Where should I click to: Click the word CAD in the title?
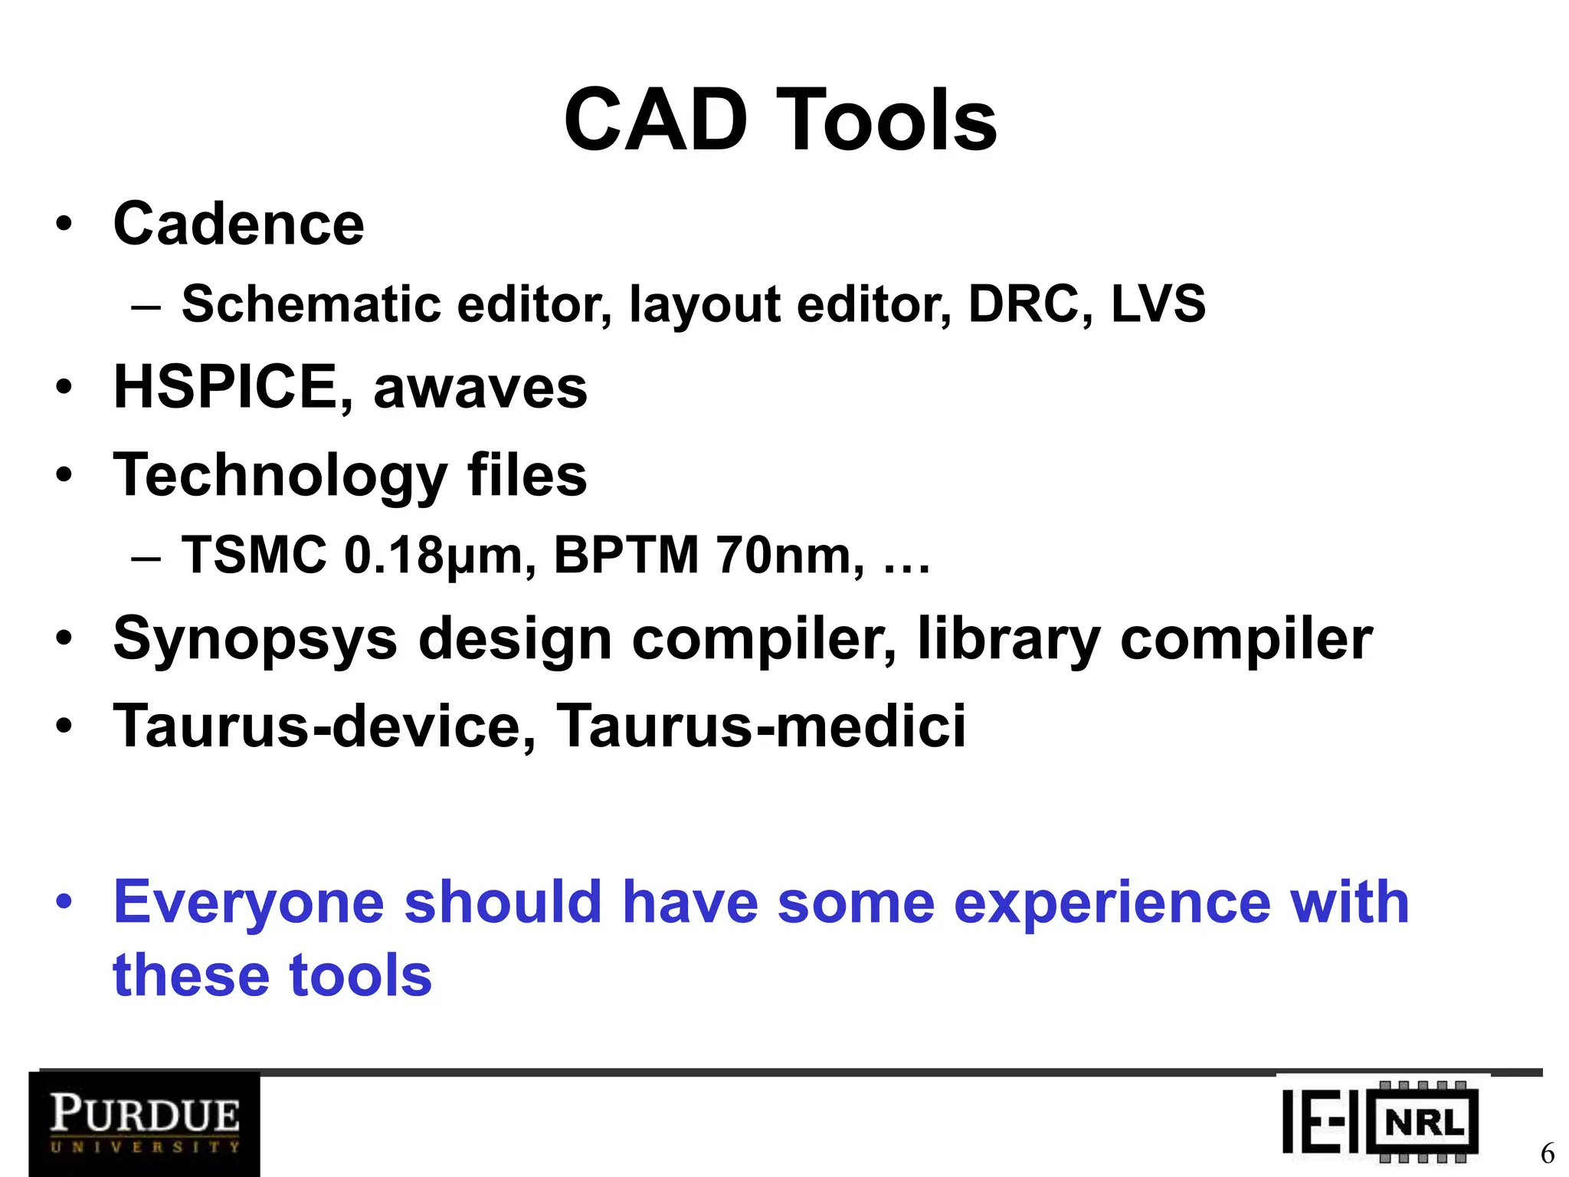click(655, 120)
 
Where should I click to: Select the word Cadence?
click(238, 224)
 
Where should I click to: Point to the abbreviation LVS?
click(1158, 303)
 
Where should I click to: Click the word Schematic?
click(311, 303)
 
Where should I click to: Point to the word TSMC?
click(254, 555)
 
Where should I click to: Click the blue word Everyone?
click(248, 903)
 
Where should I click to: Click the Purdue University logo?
click(145, 1123)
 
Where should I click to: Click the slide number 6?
click(1547, 1152)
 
